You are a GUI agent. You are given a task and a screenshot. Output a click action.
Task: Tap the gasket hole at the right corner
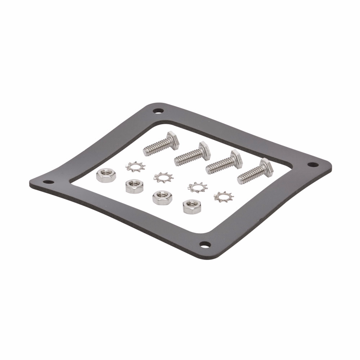tap(312, 165)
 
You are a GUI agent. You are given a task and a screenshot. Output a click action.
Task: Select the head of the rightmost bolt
tap(267, 167)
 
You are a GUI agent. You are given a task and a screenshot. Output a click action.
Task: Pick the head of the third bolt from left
tap(236, 158)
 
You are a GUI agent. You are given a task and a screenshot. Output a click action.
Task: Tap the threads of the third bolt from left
tap(218, 166)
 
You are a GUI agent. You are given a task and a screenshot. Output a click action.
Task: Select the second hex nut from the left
tap(134, 186)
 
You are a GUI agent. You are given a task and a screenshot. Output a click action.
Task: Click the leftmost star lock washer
tap(135, 167)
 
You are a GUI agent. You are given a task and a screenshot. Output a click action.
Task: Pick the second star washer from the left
tap(163, 177)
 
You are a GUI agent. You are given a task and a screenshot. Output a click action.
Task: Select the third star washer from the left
tap(198, 187)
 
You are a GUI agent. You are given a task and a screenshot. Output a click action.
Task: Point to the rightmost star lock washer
tap(224, 196)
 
